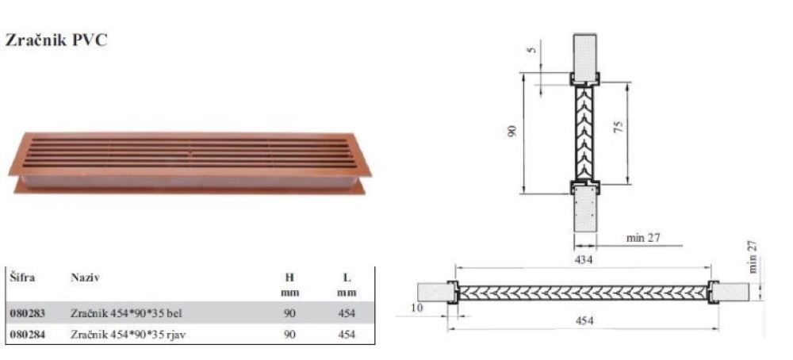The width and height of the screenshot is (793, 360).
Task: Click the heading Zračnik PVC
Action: tap(56, 40)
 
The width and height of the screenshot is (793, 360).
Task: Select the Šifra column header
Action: tap(22, 278)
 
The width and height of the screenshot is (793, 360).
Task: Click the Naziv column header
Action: tap(86, 278)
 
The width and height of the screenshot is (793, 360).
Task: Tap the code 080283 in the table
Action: tap(27, 313)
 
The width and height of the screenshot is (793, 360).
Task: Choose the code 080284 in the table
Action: tap(27, 334)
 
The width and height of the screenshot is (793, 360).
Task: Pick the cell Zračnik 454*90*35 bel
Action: tap(126, 313)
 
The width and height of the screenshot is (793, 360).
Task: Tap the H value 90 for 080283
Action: tap(289, 313)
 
